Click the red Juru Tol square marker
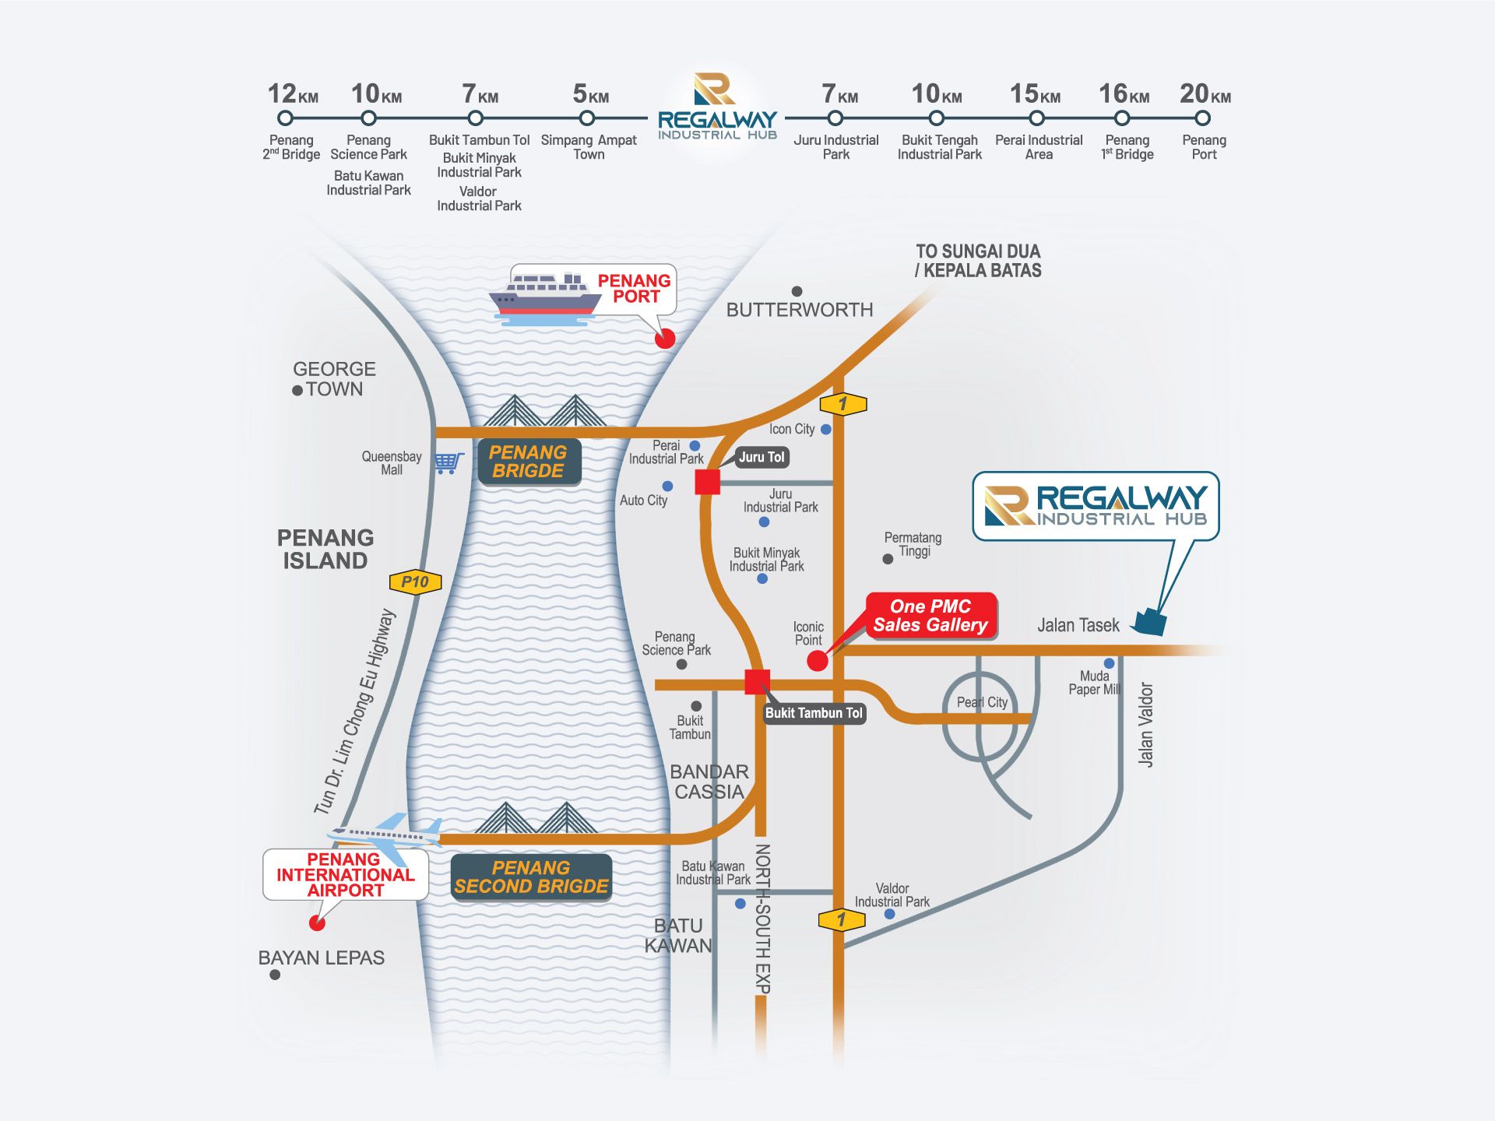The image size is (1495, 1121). [707, 482]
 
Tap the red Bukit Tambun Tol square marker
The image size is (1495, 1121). [757, 682]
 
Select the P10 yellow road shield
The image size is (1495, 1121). [415, 582]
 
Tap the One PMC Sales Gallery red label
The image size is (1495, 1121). [930, 616]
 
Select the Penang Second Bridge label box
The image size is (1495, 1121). [531, 877]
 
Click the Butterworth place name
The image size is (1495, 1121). [800, 310]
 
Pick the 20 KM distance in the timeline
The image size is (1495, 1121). [1205, 94]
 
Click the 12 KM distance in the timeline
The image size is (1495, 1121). [293, 94]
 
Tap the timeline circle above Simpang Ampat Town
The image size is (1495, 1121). [587, 118]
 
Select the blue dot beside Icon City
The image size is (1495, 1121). [826, 429]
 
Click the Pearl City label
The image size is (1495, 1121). [982, 702]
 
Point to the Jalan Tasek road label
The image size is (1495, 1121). [1078, 625]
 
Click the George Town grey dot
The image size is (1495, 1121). [297, 391]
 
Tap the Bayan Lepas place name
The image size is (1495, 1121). [321, 958]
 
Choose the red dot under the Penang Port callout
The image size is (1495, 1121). [665, 339]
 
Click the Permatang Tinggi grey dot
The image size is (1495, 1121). [888, 559]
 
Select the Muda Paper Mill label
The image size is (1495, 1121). [1094, 683]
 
